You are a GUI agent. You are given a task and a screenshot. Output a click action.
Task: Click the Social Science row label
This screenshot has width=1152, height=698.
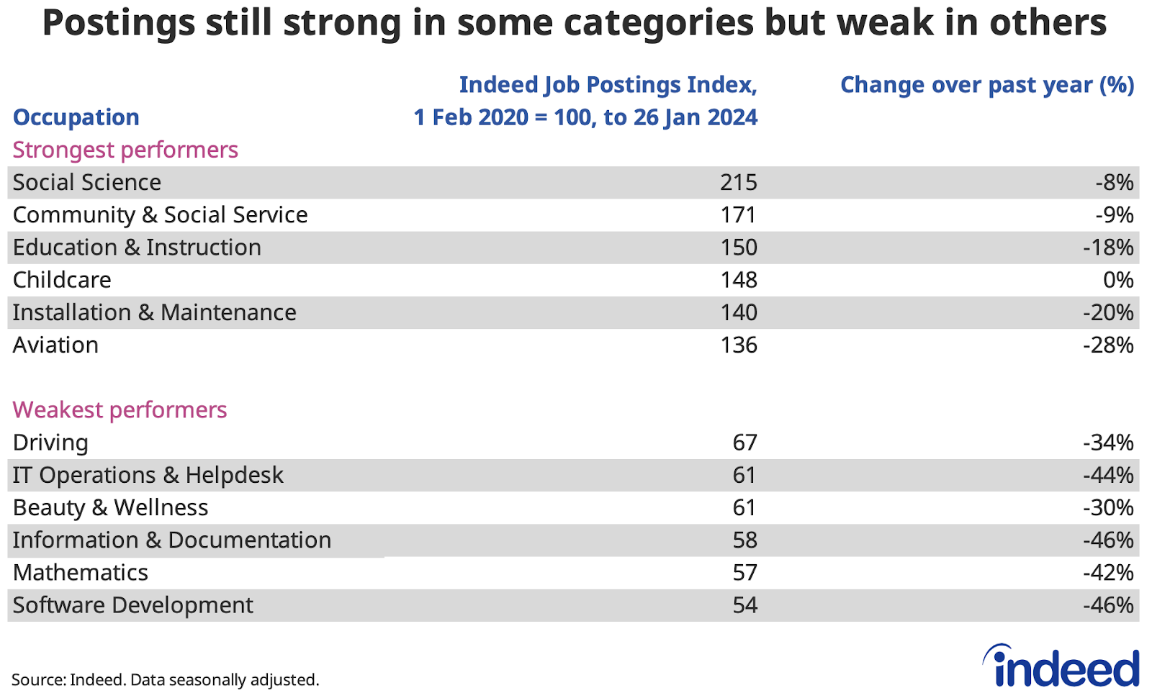click(86, 183)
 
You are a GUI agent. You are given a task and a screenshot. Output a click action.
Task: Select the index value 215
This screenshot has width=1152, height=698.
click(738, 183)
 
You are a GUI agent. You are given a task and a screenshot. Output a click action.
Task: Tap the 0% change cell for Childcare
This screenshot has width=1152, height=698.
click(1117, 280)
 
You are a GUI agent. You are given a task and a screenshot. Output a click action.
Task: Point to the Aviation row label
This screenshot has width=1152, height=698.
click(55, 345)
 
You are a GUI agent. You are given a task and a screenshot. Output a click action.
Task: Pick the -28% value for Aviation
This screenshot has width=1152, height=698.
click(1108, 345)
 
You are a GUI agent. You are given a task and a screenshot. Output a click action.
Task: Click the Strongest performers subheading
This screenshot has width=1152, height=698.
click(125, 150)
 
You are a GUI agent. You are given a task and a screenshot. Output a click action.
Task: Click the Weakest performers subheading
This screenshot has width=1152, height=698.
click(120, 410)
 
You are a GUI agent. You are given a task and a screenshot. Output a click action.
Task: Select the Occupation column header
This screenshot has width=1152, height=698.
click(76, 117)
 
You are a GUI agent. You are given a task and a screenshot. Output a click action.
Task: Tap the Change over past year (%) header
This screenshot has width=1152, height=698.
click(986, 85)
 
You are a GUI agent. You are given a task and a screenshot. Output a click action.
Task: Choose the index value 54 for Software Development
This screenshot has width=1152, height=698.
click(744, 605)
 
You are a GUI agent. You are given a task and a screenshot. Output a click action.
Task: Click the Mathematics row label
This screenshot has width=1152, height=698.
click(80, 573)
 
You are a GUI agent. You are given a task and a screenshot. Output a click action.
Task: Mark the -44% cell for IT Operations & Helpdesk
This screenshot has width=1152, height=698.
click(1108, 476)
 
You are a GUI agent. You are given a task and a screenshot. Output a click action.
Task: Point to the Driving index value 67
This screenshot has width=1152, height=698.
click(744, 443)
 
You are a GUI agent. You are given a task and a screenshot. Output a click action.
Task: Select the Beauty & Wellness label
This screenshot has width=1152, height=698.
click(110, 508)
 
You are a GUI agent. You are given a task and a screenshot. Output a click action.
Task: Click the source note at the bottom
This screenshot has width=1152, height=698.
click(165, 680)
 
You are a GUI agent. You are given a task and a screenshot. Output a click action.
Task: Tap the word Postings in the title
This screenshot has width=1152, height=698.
click(118, 23)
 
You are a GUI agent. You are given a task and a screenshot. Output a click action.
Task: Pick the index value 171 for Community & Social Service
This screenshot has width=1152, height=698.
click(738, 215)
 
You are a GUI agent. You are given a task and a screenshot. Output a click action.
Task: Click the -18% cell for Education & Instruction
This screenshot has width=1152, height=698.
click(1108, 248)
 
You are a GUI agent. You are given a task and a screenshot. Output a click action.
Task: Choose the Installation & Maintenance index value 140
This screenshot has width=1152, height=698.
click(738, 313)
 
